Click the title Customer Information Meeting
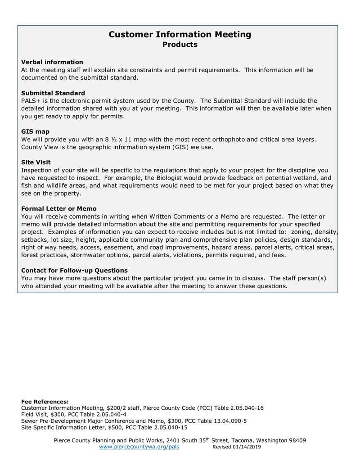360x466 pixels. tap(180, 35)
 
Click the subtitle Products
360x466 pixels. tap(180, 45)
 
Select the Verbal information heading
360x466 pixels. tap(52, 62)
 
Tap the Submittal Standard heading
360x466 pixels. tap(53, 93)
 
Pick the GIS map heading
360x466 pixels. tap(35, 131)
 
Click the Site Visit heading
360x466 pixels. tap(36, 162)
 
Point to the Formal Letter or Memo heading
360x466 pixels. tap(59, 209)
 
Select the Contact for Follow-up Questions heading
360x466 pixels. tap(74, 271)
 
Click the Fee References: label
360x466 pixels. tap(45, 402)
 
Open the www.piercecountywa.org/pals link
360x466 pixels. tap(135, 447)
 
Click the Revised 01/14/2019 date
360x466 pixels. tap(237, 447)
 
